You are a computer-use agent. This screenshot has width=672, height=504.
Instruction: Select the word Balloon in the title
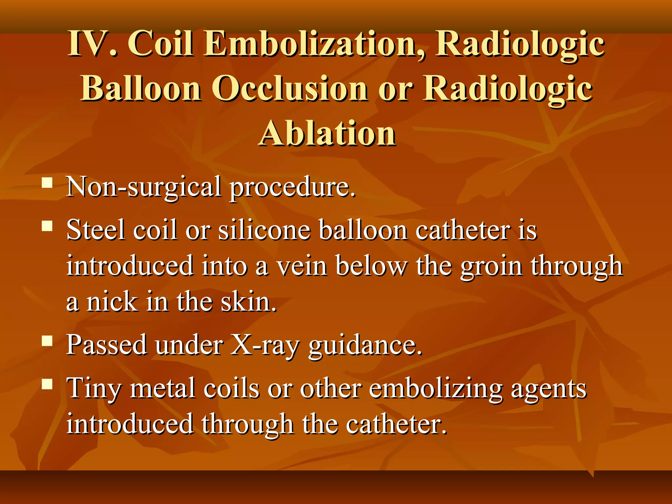click(141, 89)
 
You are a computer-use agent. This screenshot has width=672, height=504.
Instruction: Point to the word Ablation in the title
click(327, 133)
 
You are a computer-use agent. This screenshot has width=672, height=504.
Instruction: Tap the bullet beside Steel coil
click(47, 226)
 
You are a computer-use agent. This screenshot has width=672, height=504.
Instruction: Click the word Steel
click(95, 230)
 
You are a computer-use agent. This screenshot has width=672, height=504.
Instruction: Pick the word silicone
click(264, 230)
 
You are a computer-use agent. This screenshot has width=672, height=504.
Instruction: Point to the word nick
click(112, 302)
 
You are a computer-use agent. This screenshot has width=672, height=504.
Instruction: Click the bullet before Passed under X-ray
click(47, 341)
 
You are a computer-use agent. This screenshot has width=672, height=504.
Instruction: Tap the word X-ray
click(264, 345)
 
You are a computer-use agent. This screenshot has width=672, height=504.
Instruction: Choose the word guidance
click(365, 345)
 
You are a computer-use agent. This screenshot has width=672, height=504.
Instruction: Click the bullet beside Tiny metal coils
click(47, 384)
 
